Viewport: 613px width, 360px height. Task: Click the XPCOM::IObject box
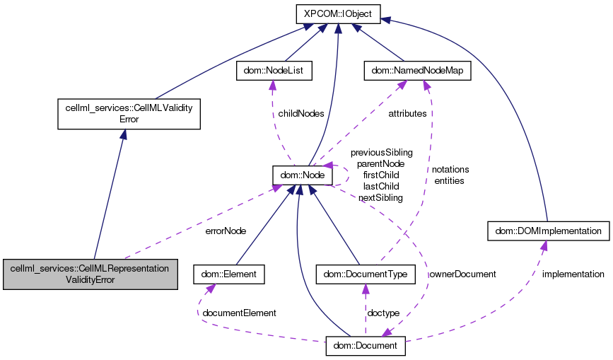pos(338,13)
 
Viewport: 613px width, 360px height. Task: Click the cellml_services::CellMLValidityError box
pos(128,114)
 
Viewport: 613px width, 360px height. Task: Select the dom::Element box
pos(229,274)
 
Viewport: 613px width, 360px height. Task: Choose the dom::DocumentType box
pos(365,274)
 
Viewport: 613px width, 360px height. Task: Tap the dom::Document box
pos(366,347)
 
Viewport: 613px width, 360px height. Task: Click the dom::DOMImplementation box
pos(548,231)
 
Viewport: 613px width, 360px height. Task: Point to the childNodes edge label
pos(301,113)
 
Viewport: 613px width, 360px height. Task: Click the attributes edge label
pos(407,113)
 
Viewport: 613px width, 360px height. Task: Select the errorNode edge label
pos(226,231)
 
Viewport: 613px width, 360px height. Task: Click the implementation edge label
pos(573,274)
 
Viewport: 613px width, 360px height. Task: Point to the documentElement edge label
pos(239,313)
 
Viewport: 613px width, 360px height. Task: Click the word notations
pos(450,170)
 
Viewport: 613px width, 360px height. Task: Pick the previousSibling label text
pos(382,152)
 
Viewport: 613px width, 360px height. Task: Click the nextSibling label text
pos(380,197)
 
